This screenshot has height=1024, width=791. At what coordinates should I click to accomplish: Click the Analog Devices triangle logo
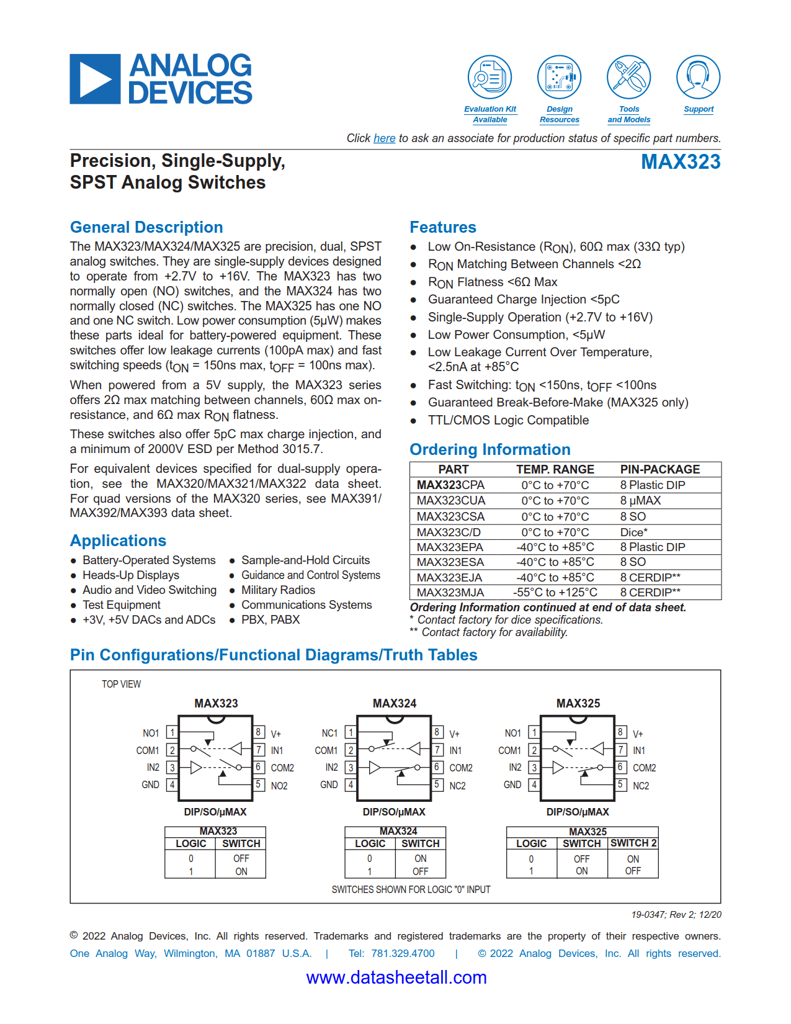[95, 79]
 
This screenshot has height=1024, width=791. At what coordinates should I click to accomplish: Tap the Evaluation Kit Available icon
[489, 78]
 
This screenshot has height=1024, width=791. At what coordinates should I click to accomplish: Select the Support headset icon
[698, 78]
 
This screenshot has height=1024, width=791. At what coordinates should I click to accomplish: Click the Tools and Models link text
[628, 114]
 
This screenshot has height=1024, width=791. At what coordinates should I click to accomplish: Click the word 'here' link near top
[384, 138]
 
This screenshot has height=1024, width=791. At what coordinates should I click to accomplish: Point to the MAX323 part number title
[680, 162]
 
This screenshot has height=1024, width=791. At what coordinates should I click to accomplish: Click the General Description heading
[146, 227]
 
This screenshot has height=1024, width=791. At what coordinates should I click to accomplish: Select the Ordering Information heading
[489, 449]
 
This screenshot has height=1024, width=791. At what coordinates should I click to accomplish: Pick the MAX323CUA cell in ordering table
[451, 501]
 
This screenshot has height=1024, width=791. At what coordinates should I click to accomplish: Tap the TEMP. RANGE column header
[555, 470]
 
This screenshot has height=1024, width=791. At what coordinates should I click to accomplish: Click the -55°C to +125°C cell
[555, 593]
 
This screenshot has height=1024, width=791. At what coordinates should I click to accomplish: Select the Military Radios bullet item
[278, 590]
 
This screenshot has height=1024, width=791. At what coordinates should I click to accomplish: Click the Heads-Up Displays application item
[131, 575]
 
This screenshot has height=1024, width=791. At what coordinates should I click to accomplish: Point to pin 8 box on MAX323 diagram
[259, 732]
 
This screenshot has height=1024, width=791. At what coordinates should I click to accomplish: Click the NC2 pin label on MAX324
[457, 786]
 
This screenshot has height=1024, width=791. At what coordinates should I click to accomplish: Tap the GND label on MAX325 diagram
[512, 785]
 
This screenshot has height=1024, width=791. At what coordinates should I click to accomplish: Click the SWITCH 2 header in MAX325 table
[633, 843]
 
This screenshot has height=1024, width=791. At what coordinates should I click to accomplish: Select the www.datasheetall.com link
[396, 977]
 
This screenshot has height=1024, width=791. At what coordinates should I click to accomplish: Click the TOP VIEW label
[122, 684]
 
